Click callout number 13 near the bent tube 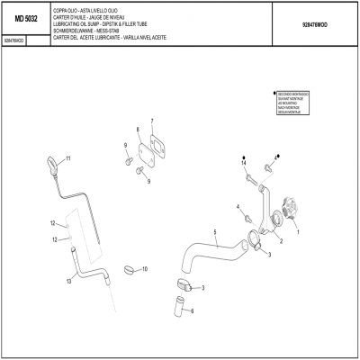tap(68, 281)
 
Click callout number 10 tap(146, 269)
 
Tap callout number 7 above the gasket tap(152, 121)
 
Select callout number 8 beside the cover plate tap(138, 130)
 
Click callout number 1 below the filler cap tap(298, 229)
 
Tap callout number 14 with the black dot tap(243, 163)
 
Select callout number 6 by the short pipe tap(191, 311)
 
